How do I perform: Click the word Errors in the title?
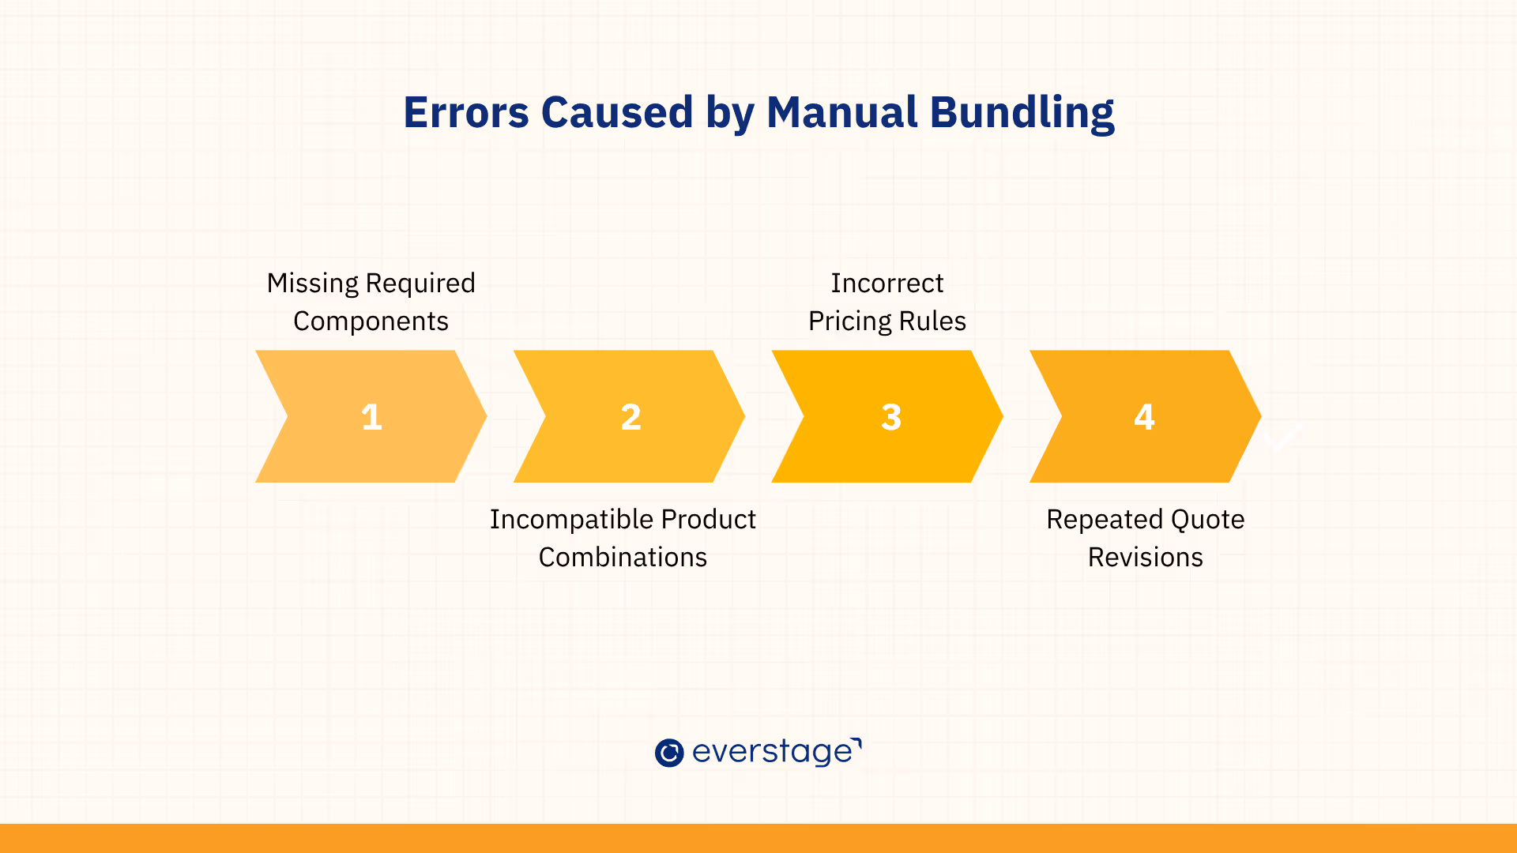click(x=466, y=112)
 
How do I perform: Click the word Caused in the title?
click(x=617, y=112)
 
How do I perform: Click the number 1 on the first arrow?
click(x=371, y=417)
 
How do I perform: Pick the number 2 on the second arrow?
click(x=631, y=417)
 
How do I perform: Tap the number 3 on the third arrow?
click(x=891, y=417)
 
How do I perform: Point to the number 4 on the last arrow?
click(x=1145, y=417)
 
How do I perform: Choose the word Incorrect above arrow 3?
click(x=887, y=283)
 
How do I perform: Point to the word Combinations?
click(x=623, y=558)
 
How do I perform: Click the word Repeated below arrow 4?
click(x=1105, y=520)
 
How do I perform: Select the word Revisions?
click(x=1146, y=558)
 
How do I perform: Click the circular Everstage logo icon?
click(x=669, y=753)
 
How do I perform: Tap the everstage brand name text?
click(x=777, y=753)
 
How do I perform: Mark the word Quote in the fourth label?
click(x=1207, y=520)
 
